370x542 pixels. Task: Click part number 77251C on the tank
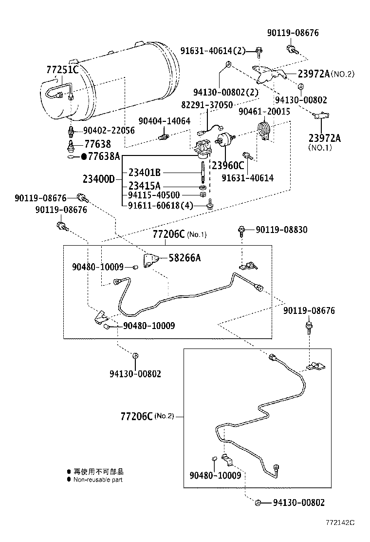pos(62,70)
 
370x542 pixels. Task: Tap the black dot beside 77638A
pos(83,156)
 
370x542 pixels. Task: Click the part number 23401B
pos(145,172)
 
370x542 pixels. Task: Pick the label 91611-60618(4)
pos(161,205)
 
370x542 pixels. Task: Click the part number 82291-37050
pos(207,105)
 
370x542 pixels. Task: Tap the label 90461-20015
pos(264,112)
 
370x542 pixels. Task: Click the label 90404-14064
pos(164,121)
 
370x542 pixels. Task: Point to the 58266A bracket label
pos(185,258)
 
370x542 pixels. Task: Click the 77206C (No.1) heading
pos(180,234)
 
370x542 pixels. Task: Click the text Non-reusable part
pos(98,480)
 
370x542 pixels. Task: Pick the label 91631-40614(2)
pos(213,50)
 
